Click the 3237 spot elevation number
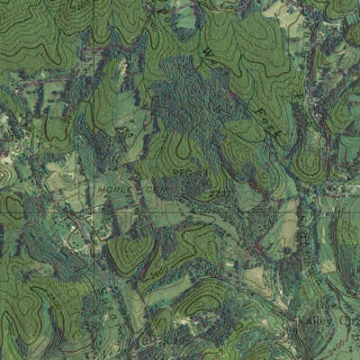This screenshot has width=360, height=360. (220, 193)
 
